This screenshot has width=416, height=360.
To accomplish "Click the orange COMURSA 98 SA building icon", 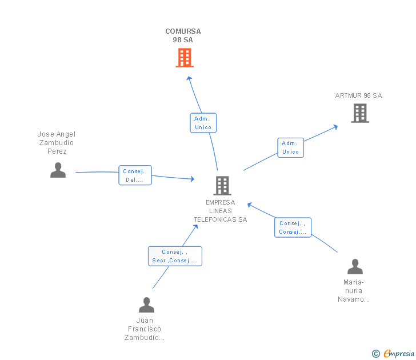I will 184,58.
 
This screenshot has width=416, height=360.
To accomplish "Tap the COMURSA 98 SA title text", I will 183,35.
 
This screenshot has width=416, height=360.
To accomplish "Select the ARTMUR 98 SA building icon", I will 359,113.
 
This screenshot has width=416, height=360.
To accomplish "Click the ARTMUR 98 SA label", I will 358,95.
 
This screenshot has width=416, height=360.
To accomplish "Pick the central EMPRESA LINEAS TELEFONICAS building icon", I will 222,185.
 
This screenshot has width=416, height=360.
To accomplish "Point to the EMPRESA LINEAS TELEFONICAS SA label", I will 221,211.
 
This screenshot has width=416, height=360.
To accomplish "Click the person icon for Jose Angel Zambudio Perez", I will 58,170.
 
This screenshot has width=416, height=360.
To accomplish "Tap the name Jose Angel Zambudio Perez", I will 57,143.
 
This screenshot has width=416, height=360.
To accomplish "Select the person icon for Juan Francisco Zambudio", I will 146,305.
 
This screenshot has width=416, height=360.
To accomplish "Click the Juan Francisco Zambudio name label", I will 145,329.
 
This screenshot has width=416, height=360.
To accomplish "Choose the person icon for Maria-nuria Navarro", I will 355,267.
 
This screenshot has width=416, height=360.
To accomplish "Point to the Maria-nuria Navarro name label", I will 354,291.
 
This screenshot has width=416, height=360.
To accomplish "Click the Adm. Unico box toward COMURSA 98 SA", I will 203,123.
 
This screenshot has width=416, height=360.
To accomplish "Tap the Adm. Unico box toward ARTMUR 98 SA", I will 290,147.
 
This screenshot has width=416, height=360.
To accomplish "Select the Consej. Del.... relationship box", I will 135,175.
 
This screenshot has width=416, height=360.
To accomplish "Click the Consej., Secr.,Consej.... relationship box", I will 175,256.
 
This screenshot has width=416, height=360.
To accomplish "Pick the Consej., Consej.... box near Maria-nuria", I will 293,227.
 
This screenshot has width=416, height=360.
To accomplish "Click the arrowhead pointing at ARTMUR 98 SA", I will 336,126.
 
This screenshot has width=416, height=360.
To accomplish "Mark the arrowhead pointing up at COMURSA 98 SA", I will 190,78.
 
